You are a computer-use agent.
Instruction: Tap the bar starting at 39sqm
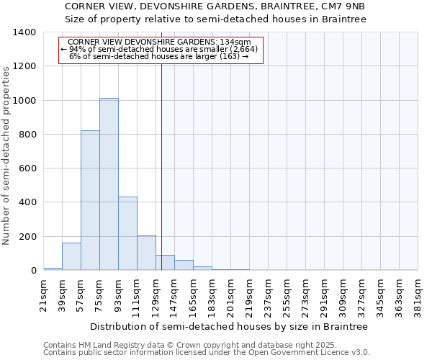[71, 257]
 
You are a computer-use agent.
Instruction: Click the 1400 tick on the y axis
[25, 32]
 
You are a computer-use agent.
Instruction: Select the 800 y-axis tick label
[27, 135]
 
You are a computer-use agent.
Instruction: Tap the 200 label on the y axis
[27, 237]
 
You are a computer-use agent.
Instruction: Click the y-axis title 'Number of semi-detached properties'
[7, 155]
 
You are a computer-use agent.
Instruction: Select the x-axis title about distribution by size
[230, 326]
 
